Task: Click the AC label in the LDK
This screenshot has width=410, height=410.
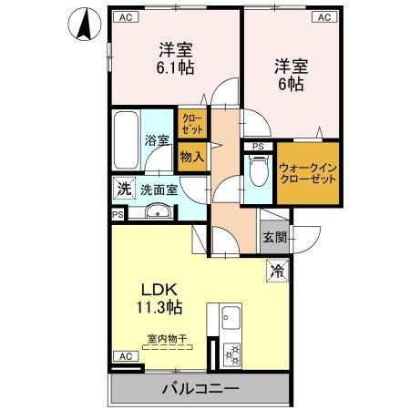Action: pyautogui.click(x=123, y=355)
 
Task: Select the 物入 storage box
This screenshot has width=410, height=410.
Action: pyautogui.click(x=192, y=157)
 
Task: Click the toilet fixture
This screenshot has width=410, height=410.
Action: pyautogui.click(x=259, y=169)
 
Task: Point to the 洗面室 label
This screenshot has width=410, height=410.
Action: pyautogui.click(x=159, y=190)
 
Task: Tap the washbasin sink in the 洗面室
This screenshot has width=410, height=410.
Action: pyautogui.click(x=156, y=214)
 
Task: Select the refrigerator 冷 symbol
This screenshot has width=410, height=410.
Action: pyautogui.click(x=276, y=270)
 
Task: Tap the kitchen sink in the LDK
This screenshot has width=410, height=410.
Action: pyautogui.click(x=228, y=319)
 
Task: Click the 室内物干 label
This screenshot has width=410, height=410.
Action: pyautogui.click(x=167, y=339)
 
